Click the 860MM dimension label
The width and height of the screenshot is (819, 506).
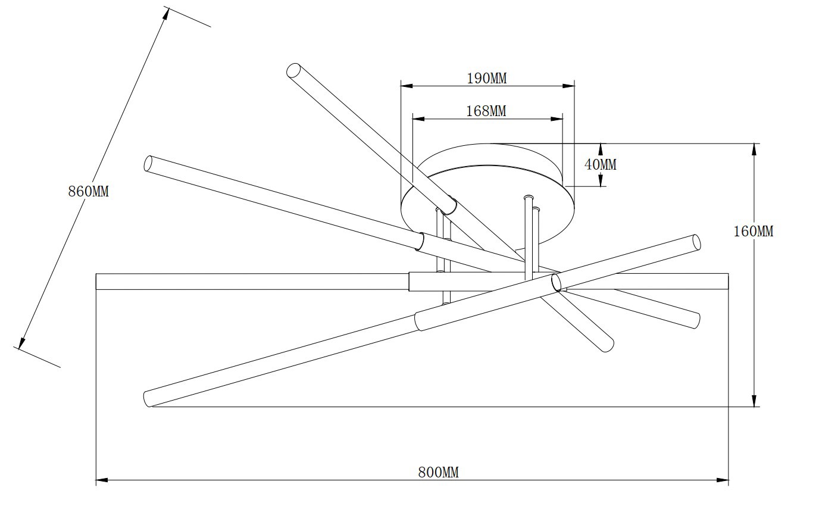(x=89, y=192)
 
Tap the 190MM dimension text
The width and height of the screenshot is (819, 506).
(x=486, y=78)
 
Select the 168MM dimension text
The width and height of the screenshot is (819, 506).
(x=486, y=111)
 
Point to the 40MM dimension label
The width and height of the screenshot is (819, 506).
(x=601, y=164)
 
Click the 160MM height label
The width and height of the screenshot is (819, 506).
(x=753, y=231)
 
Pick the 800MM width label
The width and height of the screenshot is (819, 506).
(x=438, y=472)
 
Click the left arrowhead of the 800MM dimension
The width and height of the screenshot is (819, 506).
(x=102, y=479)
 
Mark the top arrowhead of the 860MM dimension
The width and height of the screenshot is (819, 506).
(x=166, y=13)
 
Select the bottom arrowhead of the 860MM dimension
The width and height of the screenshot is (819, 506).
(x=22, y=342)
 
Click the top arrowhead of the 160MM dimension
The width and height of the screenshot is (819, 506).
(x=755, y=149)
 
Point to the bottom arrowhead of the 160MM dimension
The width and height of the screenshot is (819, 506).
(x=755, y=401)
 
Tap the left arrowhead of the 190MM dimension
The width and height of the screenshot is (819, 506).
(x=407, y=86)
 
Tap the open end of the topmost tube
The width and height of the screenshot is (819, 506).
(x=293, y=71)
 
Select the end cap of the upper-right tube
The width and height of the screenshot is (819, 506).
(x=696, y=242)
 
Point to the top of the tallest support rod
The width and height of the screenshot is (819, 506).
(x=527, y=197)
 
